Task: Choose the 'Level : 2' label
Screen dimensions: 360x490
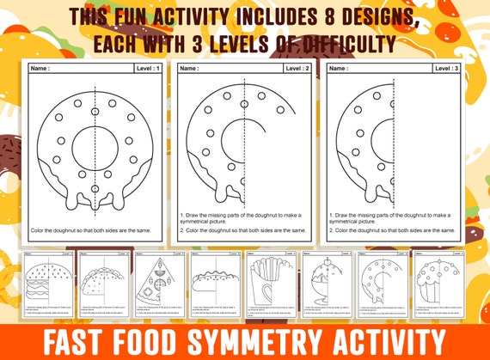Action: [x=297, y=67]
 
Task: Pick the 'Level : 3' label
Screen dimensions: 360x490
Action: [x=444, y=67]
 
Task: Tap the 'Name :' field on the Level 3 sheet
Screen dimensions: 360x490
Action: [x=341, y=67]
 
